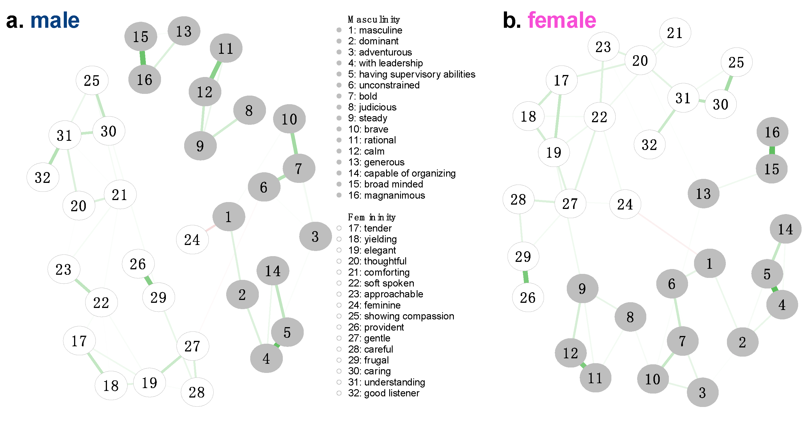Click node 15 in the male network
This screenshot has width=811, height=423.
click(x=140, y=37)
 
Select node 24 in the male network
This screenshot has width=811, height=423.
click(x=192, y=240)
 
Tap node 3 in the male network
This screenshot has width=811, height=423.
click(x=315, y=236)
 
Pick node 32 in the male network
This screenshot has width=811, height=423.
click(x=43, y=177)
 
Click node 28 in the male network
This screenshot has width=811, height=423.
click(x=197, y=392)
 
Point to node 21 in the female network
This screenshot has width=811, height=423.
click(x=675, y=33)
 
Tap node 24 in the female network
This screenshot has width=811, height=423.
click(x=625, y=204)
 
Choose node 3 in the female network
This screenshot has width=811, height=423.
click(x=702, y=392)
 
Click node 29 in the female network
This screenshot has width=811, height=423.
click(x=523, y=256)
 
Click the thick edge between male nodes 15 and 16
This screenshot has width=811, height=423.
click(x=143, y=58)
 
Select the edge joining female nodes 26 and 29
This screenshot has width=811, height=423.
click(x=525, y=277)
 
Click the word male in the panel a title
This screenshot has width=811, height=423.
click(x=55, y=21)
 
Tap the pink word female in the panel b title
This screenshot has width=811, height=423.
click(x=562, y=21)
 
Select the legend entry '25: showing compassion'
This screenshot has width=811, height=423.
click(x=401, y=316)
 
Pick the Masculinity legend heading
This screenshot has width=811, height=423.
click(x=374, y=19)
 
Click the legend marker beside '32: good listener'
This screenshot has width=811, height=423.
click(x=339, y=393)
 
